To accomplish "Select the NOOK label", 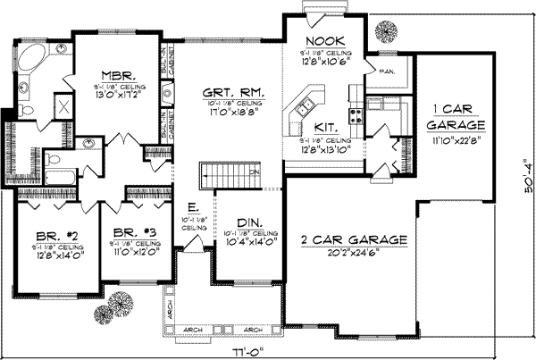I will coord(319,42).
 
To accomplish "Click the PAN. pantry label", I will coord(388,69).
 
